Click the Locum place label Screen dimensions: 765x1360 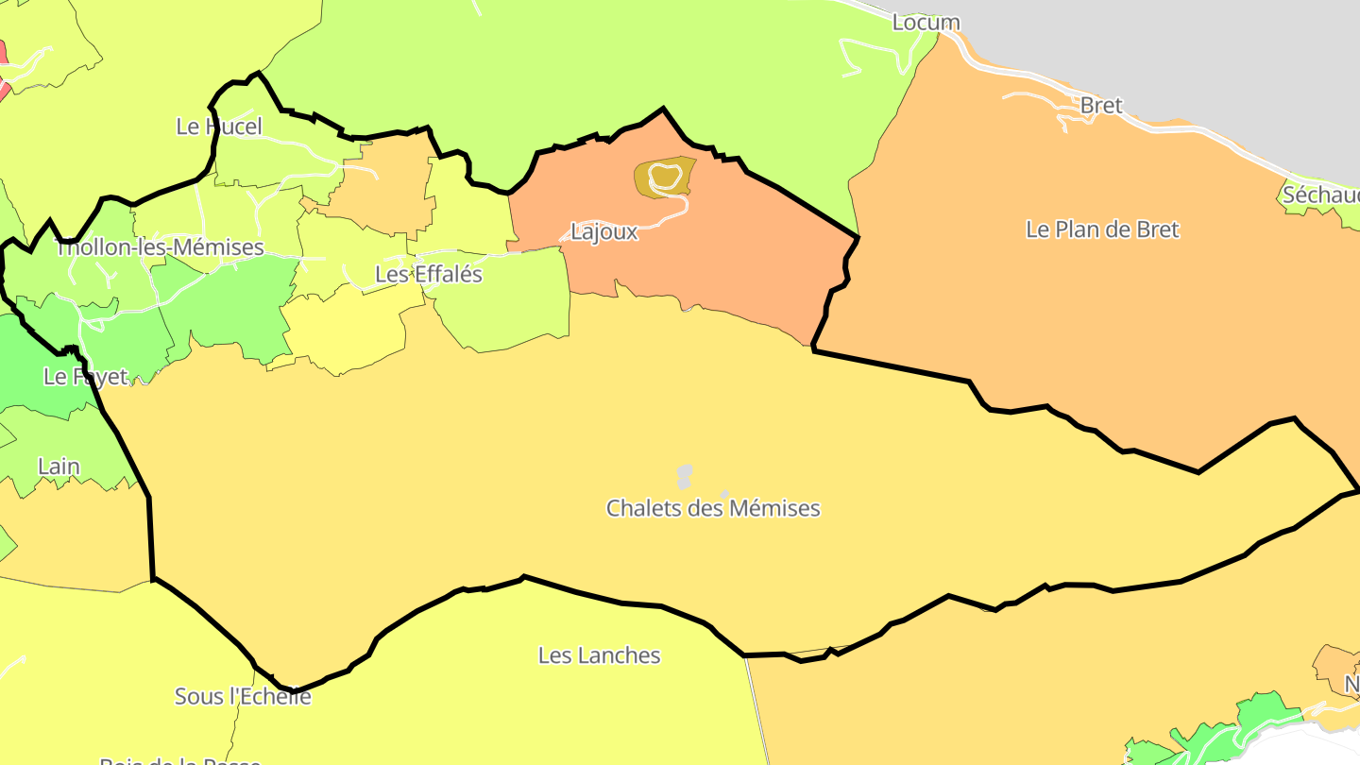coord(926,22)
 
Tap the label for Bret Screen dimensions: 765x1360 coord(1100,106)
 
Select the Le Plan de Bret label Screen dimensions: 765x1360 coord(1102,229)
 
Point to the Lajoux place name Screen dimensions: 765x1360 coord(604,232)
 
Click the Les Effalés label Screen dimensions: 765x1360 coord(429,275)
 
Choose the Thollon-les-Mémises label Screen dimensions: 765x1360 coord(160,247)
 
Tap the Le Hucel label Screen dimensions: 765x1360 coord(219,127)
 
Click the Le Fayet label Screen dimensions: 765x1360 coord(85,377)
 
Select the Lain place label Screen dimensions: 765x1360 coord(59,467)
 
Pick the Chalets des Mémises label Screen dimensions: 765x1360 coord(713,508)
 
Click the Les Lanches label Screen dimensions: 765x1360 coord(599,655)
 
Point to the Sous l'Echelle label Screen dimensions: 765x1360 coord(243,697)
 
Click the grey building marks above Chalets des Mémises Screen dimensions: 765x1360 coord(685,475)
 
